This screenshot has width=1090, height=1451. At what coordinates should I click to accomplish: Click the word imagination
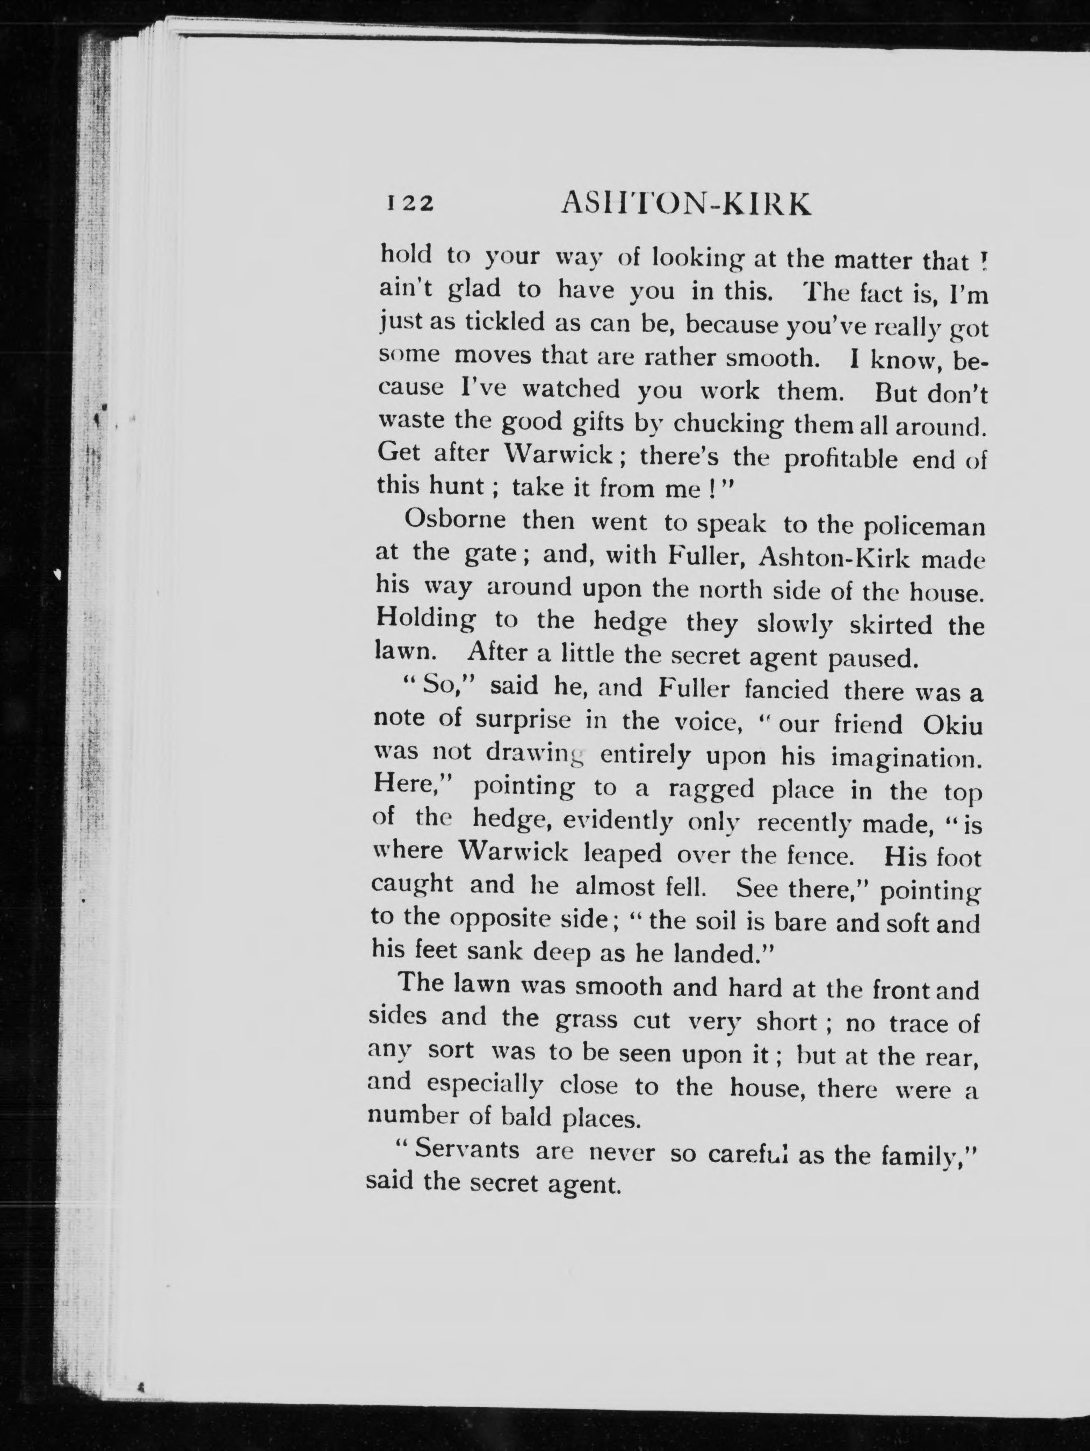tap(907, 758)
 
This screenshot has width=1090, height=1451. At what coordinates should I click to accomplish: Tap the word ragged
tap(711, 788)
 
